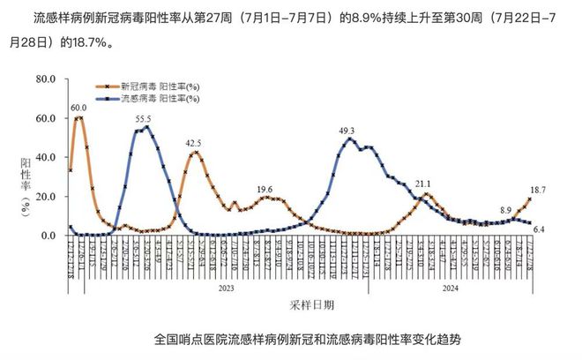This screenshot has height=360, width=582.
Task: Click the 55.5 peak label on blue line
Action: tap(143, 118)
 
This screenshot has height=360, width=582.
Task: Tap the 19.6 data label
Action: tap(265, 189)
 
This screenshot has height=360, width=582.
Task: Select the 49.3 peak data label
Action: tap(347, 131)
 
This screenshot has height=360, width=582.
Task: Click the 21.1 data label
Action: tap(423, 184)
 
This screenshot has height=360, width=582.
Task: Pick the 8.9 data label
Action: tap(505, 210)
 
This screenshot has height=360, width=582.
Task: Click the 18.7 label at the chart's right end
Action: tap(537, 190)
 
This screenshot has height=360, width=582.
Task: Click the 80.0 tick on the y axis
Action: tap(44, 79)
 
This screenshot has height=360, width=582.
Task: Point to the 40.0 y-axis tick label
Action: tap(44, 157)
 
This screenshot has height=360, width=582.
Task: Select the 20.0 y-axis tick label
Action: tap(44, 196)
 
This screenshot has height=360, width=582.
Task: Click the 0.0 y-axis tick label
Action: tap(48, 236)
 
